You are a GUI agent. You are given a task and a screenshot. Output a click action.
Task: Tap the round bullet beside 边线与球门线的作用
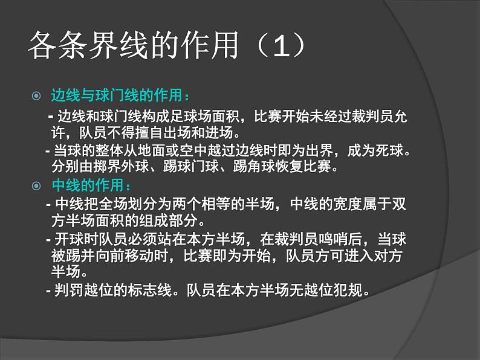click(x=36, y=95)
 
